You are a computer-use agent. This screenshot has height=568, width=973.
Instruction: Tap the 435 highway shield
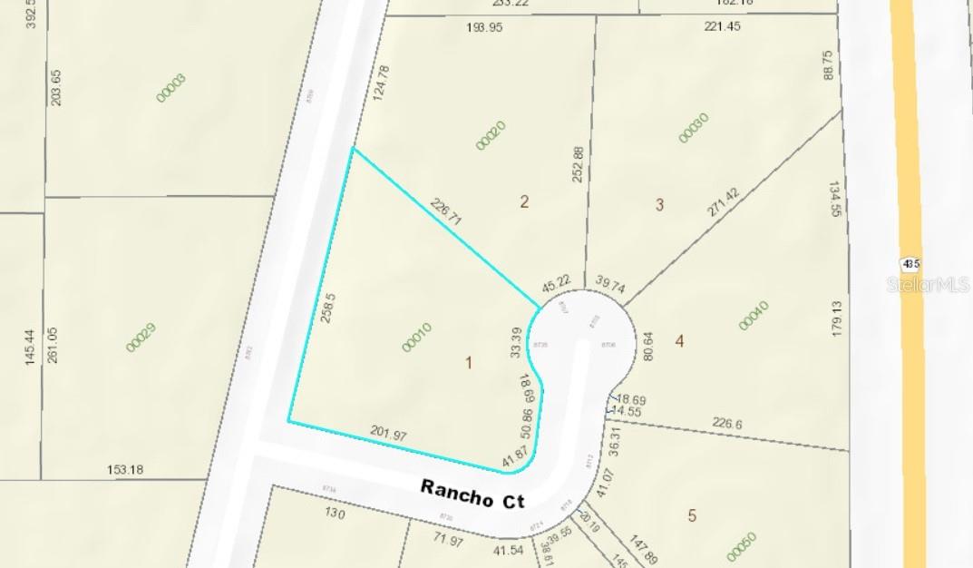click(910, 264)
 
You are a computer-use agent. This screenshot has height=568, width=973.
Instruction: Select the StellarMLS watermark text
click(928, 284)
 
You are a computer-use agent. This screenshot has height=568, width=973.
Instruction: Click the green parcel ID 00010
click(416, 338)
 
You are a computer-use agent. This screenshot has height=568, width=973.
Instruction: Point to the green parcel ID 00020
click(491, 135)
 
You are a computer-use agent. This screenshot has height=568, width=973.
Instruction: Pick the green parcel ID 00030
click(694, 128)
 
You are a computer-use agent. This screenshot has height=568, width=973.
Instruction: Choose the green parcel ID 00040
click(753, 315)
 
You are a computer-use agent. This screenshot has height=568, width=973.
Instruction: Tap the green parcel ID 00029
click(141, 337)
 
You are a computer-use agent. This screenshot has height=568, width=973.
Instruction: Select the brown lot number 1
click(469, 363)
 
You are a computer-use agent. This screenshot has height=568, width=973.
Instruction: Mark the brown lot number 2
click(524, 201)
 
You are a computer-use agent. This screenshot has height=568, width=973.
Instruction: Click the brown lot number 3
click(659, 205)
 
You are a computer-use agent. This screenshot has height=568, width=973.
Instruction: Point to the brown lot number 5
click(692, 515)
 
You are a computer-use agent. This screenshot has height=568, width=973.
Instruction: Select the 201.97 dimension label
click(388, 435)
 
